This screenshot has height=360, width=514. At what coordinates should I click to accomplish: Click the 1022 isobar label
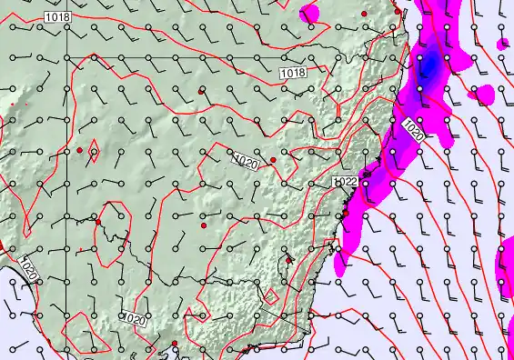[x=345, y=182]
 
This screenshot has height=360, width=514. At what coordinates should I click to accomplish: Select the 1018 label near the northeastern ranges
[x=292, y=73]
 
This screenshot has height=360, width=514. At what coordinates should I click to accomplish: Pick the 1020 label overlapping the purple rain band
[x=412, y=130]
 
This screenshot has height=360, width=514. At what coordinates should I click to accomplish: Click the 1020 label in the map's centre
[x=245, y=162]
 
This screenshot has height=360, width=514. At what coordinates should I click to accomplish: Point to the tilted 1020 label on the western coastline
[x=29, y=269]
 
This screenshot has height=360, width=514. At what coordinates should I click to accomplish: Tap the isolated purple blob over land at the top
[x=309, y=13]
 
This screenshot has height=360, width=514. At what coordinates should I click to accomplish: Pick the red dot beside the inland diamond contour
[x=80, y=149]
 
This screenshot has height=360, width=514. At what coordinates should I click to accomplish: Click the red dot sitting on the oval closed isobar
[x=98, y=222]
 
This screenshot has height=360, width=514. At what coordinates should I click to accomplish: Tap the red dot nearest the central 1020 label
[x=273, y=160]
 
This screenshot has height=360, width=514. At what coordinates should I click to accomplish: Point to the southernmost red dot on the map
[x=175, y=343]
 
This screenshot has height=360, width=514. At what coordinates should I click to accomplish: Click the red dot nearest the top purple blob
[x=364, y=15]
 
